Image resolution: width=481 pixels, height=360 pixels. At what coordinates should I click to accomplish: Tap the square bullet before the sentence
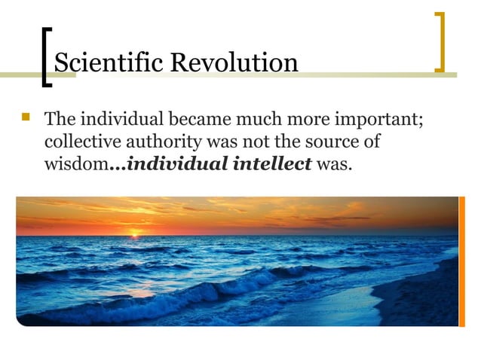[x=27, y=118]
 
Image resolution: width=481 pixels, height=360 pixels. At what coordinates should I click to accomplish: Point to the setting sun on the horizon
[x=135, y=234]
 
